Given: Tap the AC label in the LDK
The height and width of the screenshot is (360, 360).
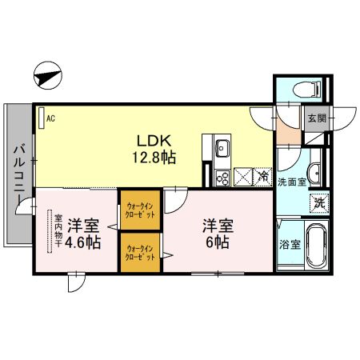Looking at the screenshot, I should pos(50,119).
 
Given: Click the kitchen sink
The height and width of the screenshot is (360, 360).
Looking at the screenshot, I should pos(222,149).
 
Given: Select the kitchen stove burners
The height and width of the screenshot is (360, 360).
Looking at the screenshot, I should pos(222,178).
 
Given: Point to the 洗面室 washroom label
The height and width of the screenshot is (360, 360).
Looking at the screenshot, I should pos(292,182).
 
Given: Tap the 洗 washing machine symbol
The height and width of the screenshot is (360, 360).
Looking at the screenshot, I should pos(318,203).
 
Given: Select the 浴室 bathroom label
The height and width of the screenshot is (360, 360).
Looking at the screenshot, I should pos(290,245).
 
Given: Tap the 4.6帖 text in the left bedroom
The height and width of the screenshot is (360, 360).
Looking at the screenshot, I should pos(83,241).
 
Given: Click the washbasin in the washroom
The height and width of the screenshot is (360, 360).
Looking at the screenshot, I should pos(314,170).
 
